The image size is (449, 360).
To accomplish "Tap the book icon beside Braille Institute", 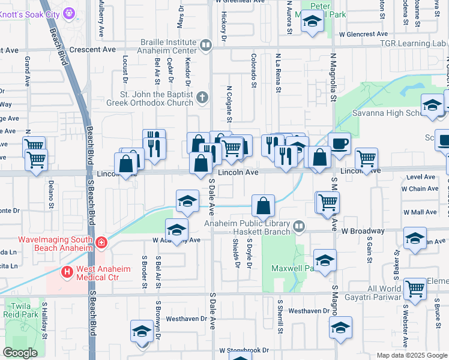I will (205, 44).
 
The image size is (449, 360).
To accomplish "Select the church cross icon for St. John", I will (203, 97).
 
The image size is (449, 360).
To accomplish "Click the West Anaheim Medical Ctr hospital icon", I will (67, 272).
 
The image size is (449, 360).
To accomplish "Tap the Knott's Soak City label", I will (30, 11).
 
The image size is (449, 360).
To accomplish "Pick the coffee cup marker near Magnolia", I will (340, 143).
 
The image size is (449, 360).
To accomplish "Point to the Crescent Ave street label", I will (92, 49).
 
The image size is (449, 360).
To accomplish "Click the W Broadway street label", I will (363, 230).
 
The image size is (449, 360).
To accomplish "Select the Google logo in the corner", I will (20, 353).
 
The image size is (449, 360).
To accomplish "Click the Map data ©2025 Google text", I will (411, 355).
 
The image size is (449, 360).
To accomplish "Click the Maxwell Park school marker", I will (325, 260).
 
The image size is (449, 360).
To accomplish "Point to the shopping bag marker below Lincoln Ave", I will (264, 206).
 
